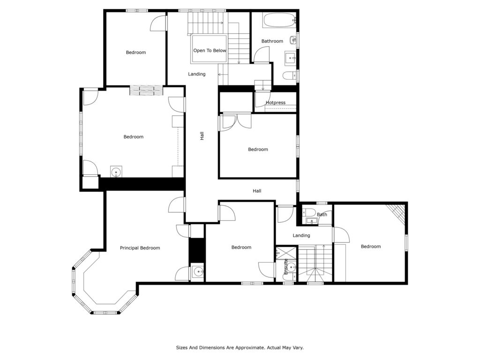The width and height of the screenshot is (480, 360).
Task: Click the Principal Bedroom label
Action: [x=140, y=248]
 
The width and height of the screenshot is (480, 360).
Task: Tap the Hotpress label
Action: [x=276, y=103]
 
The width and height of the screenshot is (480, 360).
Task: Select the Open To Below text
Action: [x=210, y=51]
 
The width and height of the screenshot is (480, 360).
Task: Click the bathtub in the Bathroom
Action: [x=279, y=20]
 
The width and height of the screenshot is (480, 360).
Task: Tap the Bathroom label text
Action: [x=272, y=41]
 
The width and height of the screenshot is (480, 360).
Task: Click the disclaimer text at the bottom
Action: [x=240, y=347]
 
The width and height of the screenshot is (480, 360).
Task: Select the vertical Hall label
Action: [x=202, y=136]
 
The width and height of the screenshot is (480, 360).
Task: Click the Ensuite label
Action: [x=285, y=266]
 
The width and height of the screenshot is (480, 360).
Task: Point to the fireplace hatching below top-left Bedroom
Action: [x=146, y=90]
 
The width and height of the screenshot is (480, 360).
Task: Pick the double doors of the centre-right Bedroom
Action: [x=236, y=122]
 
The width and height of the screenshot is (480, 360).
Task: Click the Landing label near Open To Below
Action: [x=196, y=74]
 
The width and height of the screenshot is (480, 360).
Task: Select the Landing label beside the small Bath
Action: [x=301, y=235]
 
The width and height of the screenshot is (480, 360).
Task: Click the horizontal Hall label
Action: [x=257, y=191]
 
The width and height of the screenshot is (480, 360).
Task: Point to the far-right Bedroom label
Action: [x=371, y=247]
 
